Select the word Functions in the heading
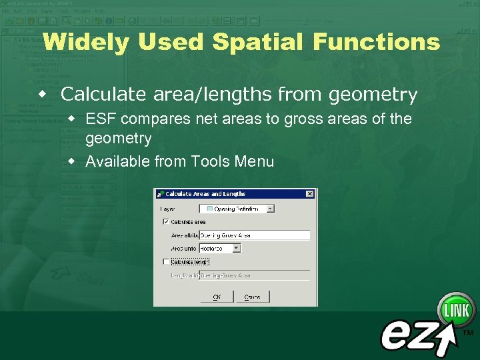pos(376,43)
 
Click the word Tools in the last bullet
pos(209,161)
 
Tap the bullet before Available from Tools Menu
pos(75,161)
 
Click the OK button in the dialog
pos(217,297)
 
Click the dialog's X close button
pos(309,194)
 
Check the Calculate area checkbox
pos(166,221)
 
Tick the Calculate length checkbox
pos(166,262)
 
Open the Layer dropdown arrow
pos(270,209)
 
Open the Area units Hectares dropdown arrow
pos(236,248)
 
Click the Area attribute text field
pos(254,235)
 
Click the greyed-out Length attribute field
pos(254,275)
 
